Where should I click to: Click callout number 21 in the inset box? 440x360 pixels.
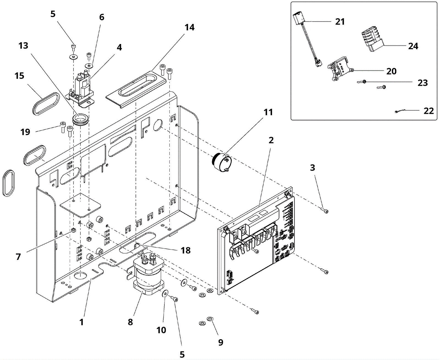340,22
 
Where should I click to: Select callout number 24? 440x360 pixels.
413,46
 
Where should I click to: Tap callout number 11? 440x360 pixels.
268,112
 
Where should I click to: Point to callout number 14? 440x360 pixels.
189,27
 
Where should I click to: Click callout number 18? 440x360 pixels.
186,251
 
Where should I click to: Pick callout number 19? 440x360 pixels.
25,132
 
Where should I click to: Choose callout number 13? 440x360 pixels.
23,46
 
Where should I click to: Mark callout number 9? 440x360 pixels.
221,342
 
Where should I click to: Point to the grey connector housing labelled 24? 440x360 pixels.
372,41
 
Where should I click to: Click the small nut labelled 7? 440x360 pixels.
73,230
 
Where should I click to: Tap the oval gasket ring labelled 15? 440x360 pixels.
46,104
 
